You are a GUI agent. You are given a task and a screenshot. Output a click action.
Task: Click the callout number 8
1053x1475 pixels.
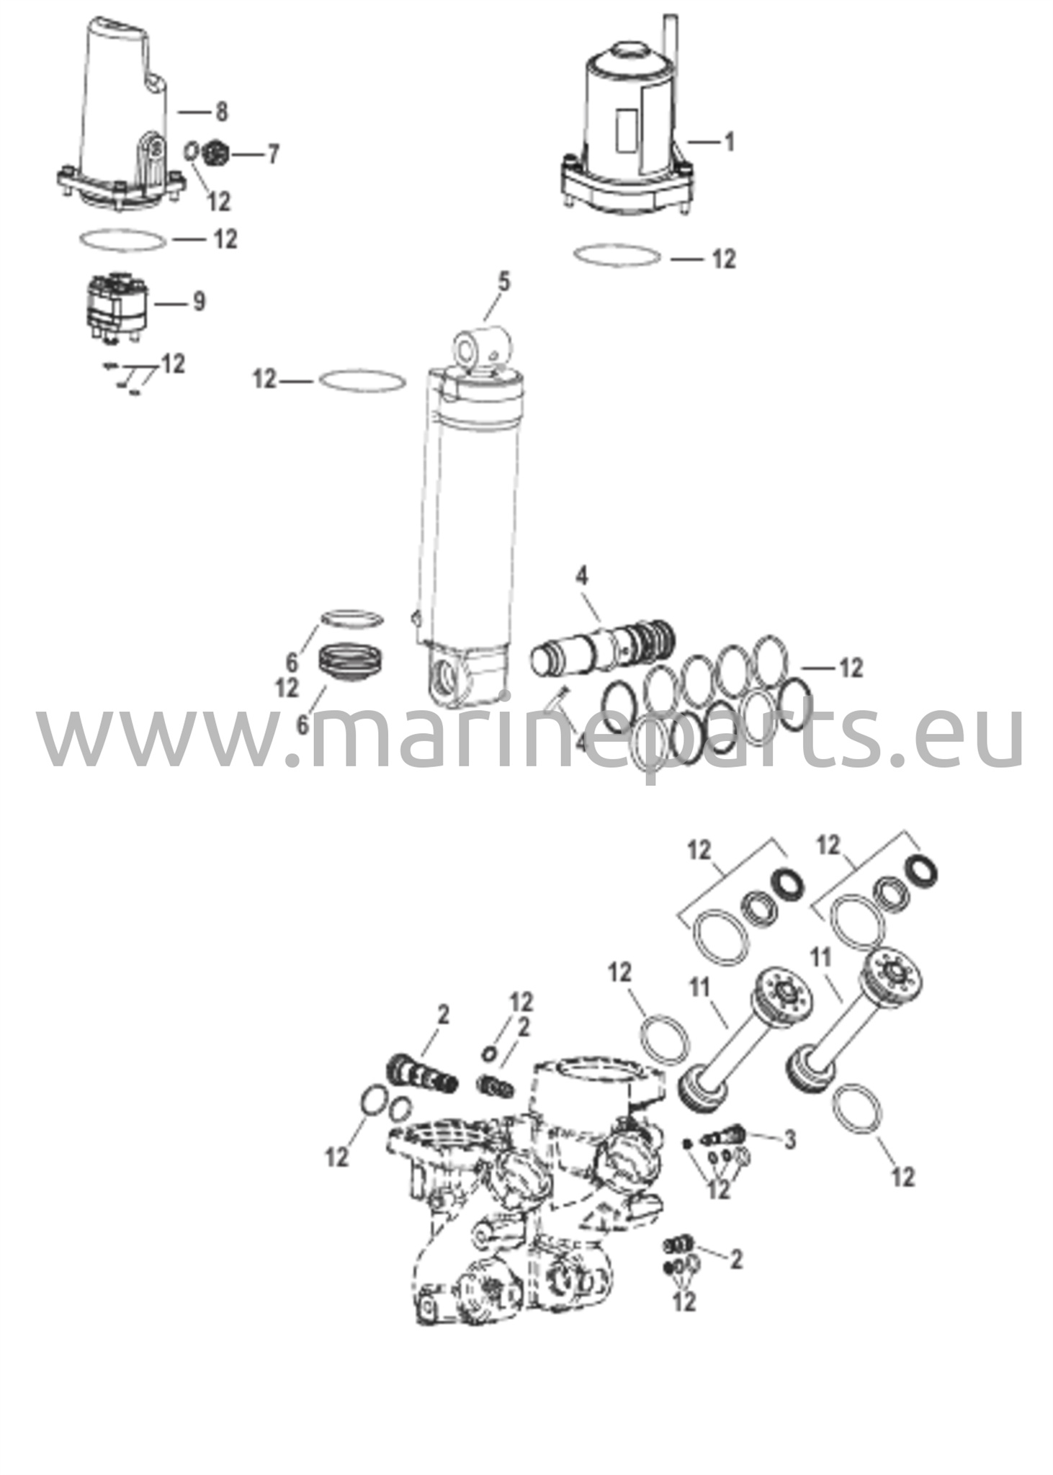point(221,112)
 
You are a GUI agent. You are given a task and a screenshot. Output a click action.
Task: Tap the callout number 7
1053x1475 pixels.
point(272,154)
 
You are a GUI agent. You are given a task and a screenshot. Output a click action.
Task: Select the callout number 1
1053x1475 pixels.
point(729,142)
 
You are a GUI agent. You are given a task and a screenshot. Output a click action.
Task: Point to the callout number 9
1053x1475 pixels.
point(199,302)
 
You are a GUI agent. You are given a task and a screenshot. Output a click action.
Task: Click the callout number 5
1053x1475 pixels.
point(503,282)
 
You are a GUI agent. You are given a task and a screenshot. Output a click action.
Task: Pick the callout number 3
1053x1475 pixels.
point(789,1139)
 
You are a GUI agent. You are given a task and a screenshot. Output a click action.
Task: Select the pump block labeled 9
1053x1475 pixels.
point(117,307)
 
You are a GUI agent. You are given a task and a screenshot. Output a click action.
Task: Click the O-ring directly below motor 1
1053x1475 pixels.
point(617,255)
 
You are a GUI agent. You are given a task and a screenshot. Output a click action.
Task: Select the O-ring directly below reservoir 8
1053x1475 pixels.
point(121,240)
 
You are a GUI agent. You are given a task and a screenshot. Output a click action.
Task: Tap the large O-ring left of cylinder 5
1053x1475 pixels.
point(358,381)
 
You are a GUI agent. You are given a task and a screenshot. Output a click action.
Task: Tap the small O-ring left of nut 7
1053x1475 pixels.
point(192,152)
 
